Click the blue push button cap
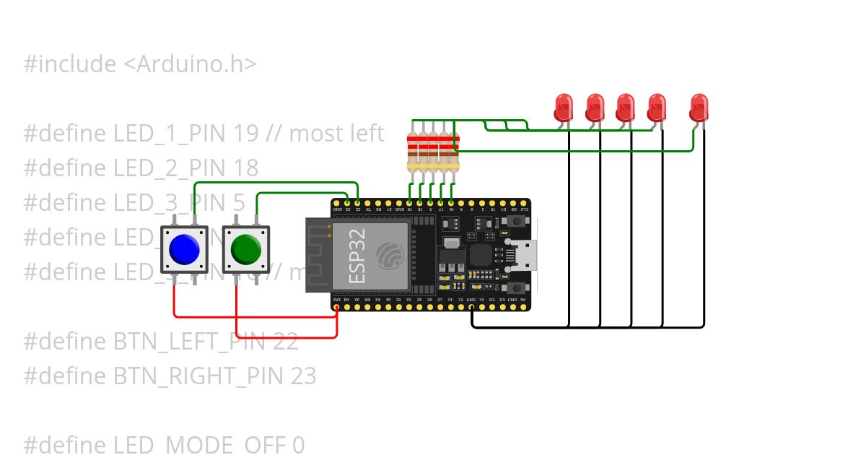point(184,249)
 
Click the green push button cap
point(246,249)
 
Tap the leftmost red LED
point(563,108)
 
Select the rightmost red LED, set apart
point(699,108)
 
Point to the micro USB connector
point(525,256)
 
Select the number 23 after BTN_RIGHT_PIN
point(304,376)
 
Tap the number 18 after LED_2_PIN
point(246,168)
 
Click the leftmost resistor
point(412,151)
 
